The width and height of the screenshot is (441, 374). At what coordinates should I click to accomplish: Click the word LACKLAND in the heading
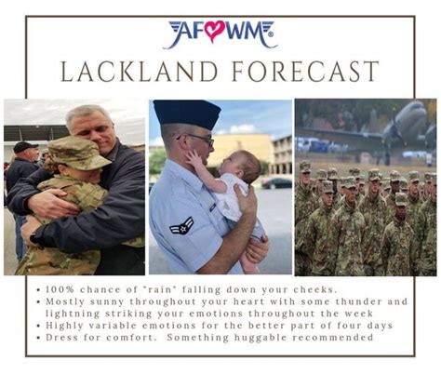point(139,72)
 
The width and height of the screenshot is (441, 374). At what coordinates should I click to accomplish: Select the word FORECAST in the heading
point(305,72)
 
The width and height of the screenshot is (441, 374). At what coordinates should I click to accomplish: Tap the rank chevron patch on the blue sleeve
point(182,225)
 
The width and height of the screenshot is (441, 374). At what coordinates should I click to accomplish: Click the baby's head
point(242,167)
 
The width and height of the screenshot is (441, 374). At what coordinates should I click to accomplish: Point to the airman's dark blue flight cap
point(187,114)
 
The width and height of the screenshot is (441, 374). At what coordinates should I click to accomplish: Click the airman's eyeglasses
point(201,140)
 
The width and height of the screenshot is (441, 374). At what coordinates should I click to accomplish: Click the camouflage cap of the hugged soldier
point(77,153)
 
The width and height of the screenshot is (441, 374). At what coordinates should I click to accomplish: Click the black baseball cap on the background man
point(24,146)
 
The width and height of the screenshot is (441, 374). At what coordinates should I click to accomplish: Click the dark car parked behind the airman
point(277,183)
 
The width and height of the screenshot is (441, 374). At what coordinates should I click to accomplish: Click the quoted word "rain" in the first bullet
point(160,289)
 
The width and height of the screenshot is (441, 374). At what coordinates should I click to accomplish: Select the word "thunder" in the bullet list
point(359,301)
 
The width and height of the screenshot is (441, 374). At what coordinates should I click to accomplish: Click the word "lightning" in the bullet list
point(73,314)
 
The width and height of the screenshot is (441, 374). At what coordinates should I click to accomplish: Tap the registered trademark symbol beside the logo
point(271,34)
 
